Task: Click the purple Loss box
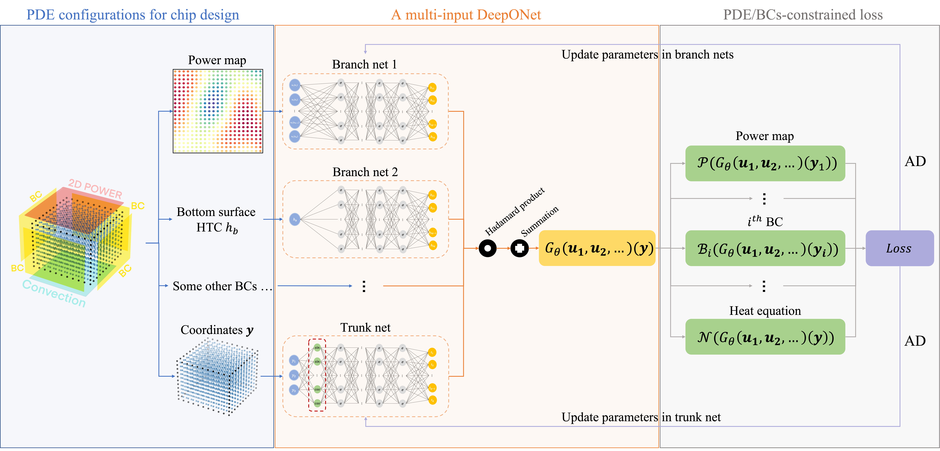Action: coord(899,248)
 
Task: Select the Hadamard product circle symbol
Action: coord(488,248)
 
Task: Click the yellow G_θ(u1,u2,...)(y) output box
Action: coord(597,248)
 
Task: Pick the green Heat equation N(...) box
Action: coord(765,337)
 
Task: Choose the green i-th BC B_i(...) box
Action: coord(765,248)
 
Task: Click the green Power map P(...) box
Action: coord(765,163)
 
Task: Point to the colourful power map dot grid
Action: coord(218,111)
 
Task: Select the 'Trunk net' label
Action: coord(365,328)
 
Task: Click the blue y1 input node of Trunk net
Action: coord(294,361)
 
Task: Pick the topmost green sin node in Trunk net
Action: coord(317,347)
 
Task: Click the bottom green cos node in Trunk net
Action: coord(317,403)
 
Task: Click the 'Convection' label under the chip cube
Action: coord(54,293)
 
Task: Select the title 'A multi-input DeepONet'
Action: coord(466,15)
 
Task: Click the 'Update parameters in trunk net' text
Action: coord(641,417)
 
